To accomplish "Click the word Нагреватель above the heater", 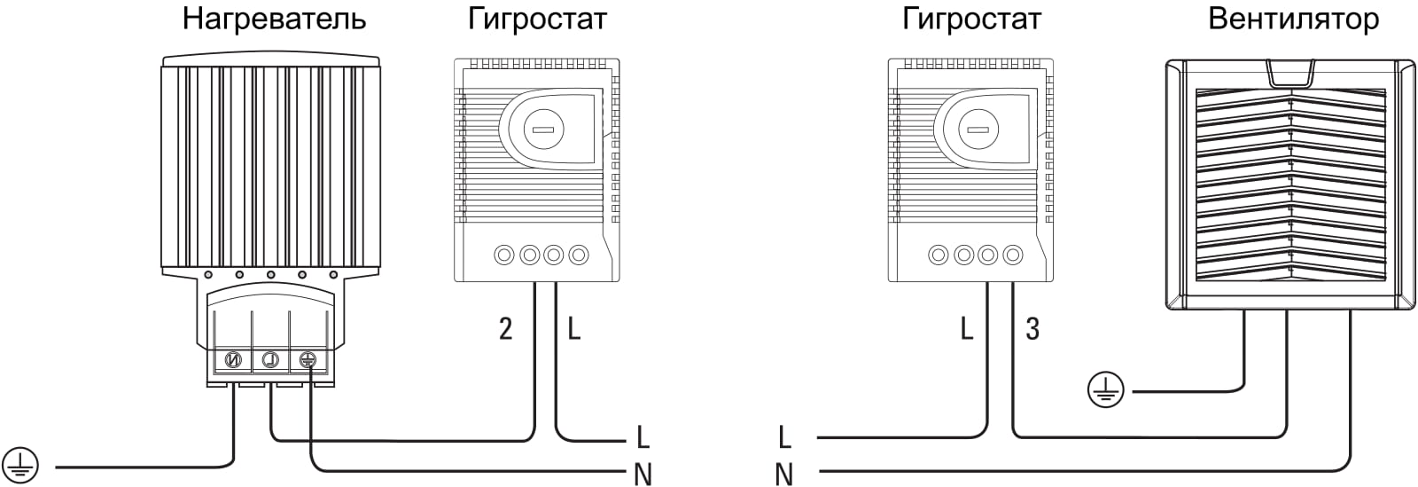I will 274,20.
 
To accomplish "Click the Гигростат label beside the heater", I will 538,20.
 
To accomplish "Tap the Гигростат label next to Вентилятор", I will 971,20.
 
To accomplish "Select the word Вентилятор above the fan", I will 1293,20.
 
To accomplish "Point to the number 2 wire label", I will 505,330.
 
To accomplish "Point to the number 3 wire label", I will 1032,330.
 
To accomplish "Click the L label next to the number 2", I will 574,330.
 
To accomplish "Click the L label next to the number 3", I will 966,330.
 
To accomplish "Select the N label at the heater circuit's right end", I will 643,475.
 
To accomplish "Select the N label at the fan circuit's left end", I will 783,475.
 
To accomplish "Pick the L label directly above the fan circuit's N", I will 783,437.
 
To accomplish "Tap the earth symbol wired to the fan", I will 1105,389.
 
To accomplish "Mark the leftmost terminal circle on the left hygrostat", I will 504,255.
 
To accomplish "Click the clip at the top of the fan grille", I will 1290,73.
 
